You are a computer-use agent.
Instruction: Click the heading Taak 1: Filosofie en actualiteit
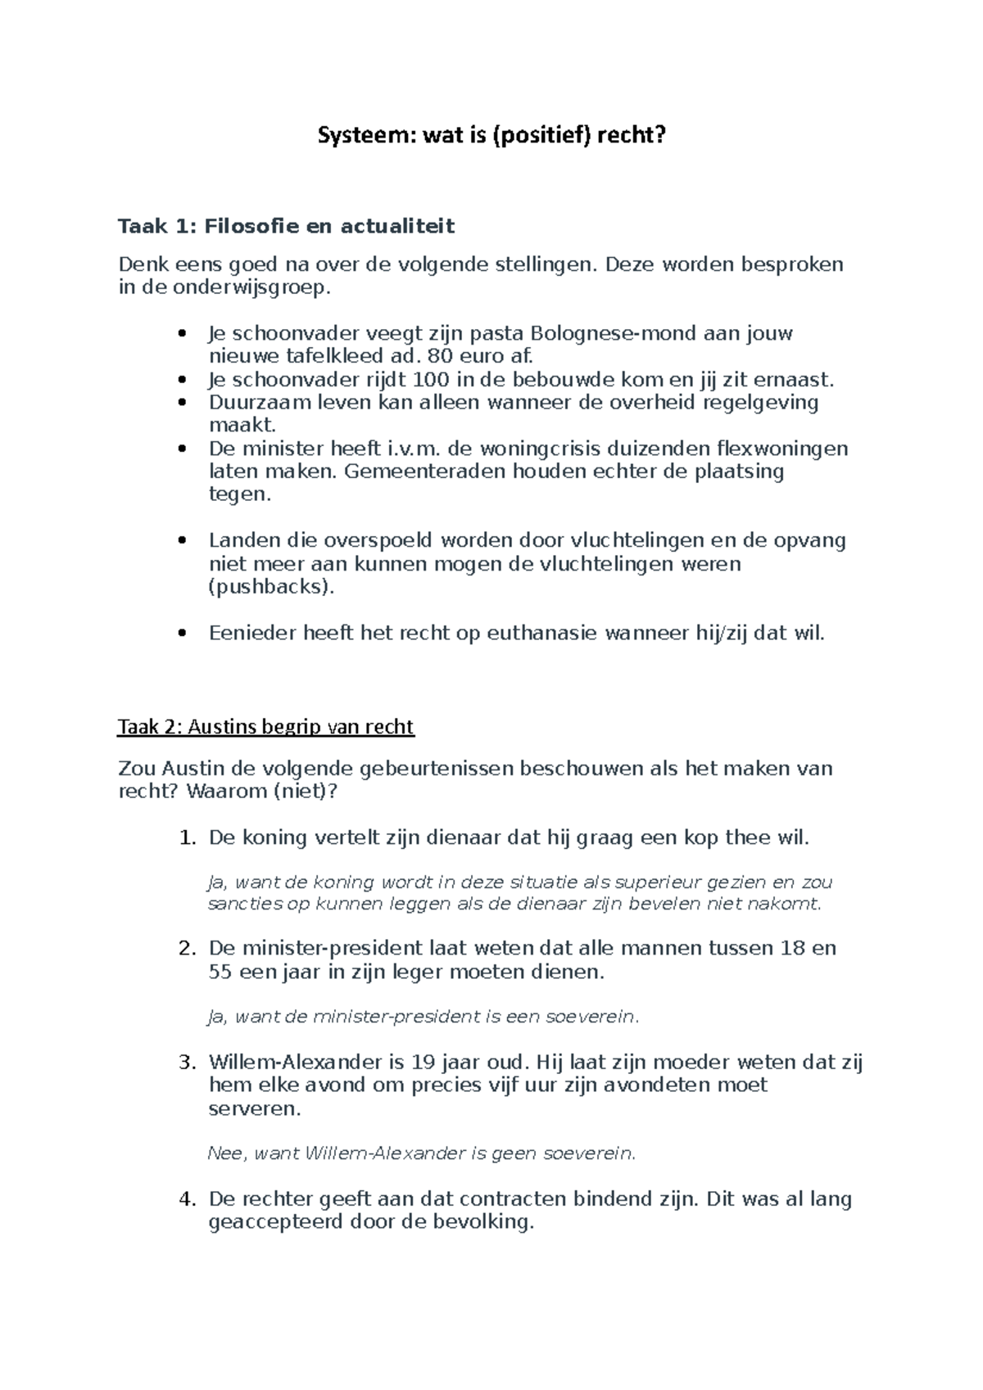pyautogui.click(x=286, y=226)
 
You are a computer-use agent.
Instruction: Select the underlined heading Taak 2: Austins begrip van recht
pyautogui.click(x=266, y=727)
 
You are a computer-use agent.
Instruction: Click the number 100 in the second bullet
pyautogui.click(x=431, y=380)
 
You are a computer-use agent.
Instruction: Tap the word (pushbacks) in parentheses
pyautogui.click(x=271, y=587)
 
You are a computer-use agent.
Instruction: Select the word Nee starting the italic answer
pyautogui.click(x=225, y=1153)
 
